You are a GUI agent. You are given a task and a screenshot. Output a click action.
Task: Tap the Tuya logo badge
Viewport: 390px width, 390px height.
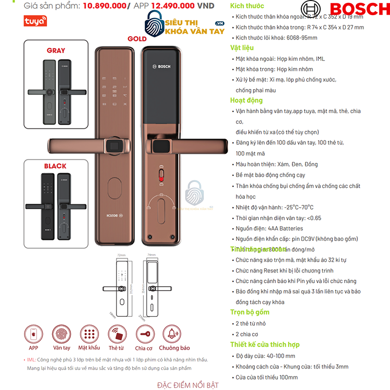(x=35, y=21)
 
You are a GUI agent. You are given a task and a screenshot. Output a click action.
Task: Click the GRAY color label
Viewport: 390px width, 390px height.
(x=56, y=50)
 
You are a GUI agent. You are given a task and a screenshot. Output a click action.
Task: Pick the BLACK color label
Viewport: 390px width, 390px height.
(x=55, y=166)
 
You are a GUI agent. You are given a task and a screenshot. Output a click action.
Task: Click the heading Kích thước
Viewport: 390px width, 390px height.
(x=247, y=6)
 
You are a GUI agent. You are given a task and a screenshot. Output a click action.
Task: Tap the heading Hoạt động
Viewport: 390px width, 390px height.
(x=247, y=100)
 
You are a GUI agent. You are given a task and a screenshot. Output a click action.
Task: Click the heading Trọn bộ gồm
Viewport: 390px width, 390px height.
(x=250, y=312)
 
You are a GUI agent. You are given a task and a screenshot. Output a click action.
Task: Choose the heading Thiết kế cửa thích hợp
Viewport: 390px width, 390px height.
(x=265, y=345)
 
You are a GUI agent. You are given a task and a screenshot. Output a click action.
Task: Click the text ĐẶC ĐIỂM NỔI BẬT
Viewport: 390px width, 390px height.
(x=195, y=385)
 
